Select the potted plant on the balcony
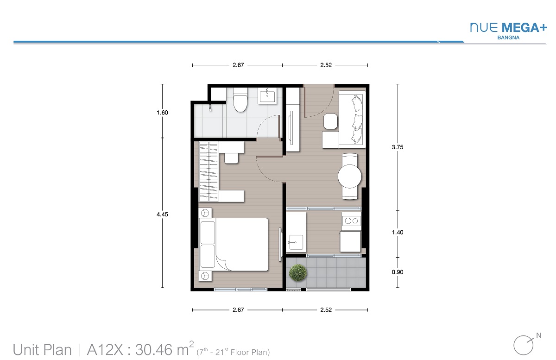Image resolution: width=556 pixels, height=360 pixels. click(298, 272)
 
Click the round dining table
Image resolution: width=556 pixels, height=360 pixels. click(349, 176)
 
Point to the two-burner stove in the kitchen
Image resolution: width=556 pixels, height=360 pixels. click(351, 221)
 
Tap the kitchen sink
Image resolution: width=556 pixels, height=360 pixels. click(296, 242)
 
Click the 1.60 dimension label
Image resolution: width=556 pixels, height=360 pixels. click(162, 113)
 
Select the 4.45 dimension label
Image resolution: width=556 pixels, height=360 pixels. click(162, 215)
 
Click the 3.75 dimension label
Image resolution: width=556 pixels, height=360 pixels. click(398, 147)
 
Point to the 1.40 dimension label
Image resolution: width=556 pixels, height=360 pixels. click(398, 233)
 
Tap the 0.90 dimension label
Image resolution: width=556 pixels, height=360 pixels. click(398, 272)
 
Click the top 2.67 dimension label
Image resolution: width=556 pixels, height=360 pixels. click(238, 65)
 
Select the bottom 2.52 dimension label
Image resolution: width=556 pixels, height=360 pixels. click(326, 310)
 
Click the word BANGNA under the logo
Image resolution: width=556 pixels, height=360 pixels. click(508, 38)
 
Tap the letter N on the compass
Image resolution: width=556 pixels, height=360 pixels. click(538, 335)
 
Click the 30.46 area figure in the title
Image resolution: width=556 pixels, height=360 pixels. click(154, 350)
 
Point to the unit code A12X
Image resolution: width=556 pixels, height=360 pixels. click(105, 350)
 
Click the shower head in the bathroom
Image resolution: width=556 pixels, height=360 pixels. click(210, 108)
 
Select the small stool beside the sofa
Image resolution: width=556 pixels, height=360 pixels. click(330, 121)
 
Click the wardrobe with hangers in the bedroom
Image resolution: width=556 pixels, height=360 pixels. click(208, 171)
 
